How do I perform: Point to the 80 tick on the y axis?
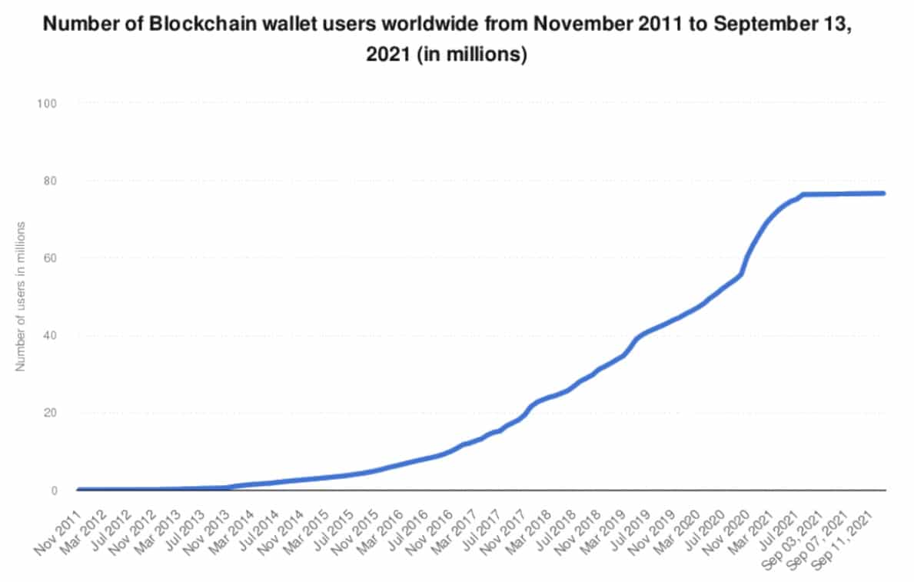(x=51, y=181)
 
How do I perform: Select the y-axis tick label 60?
(x=51, y=258)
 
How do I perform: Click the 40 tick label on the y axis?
(x=51, y=336)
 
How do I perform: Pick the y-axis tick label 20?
(x=51, y=413)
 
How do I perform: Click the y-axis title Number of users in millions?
(x=22, y=297)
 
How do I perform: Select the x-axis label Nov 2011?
(x=58, y=522)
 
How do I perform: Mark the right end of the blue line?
(x=884, y=193)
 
